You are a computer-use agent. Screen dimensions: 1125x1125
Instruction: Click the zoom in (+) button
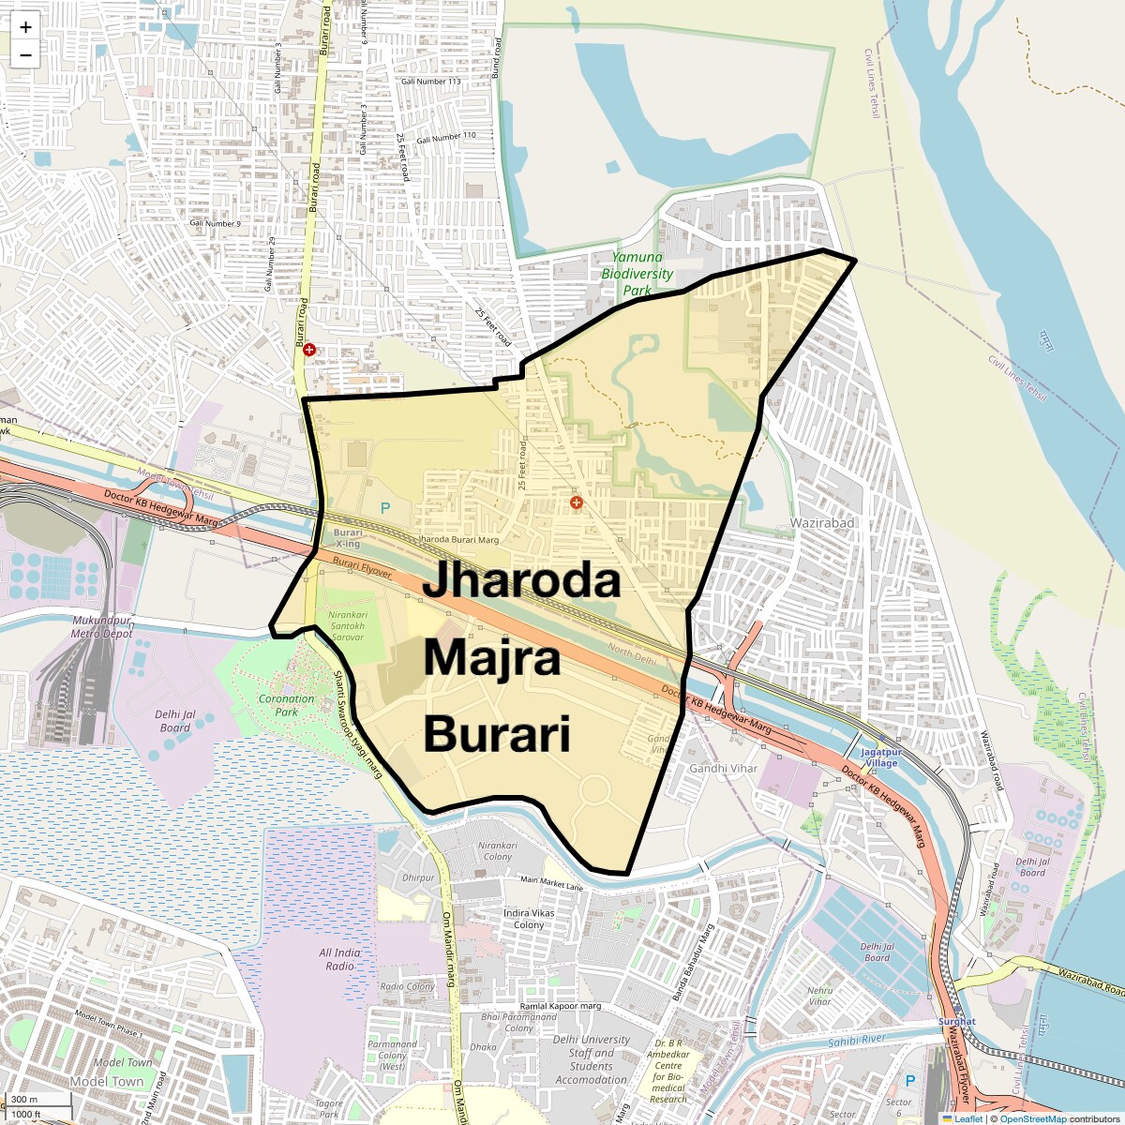(25, 27)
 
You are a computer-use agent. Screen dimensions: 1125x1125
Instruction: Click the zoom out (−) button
(25, 54)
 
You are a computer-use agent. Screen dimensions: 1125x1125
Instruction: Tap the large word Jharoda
(521, 580)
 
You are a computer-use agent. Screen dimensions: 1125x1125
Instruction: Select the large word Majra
(492, 658)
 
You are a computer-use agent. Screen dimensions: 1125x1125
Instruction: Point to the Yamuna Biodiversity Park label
(637, 273)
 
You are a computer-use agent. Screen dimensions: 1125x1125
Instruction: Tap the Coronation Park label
(286, 705)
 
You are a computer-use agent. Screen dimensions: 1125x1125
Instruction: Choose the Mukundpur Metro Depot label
(102, 627)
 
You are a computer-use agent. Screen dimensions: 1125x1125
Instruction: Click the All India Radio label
(339, 959)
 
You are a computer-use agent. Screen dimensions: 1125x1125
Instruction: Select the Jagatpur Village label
(878, 757)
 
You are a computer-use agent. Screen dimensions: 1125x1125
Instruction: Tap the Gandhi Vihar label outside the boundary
(723, 769)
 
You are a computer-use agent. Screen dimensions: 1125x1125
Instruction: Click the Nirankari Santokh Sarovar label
(345, 626)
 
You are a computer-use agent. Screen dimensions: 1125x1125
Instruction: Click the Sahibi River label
(857, 1040)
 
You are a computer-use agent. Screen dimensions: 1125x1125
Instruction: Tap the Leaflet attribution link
(967, 1118)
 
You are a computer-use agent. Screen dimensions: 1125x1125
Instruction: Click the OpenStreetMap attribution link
(1033, 1118)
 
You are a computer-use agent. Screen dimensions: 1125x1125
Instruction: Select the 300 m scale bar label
(25, 1100)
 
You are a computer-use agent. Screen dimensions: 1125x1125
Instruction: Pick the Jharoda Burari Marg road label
(458, 540)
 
